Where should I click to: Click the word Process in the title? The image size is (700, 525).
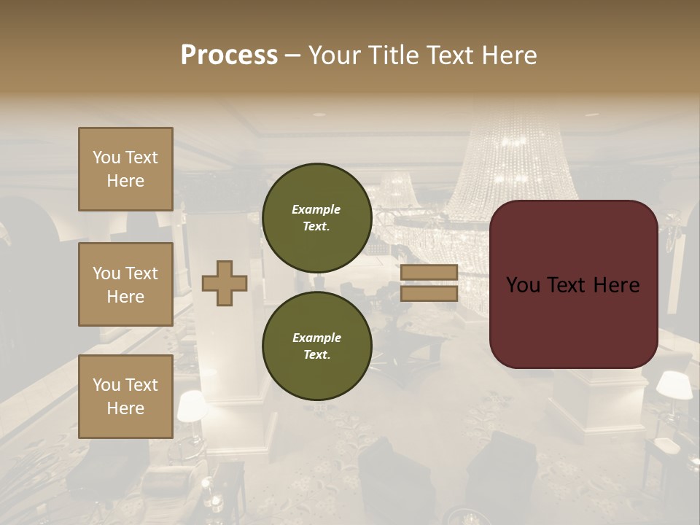[229, 55]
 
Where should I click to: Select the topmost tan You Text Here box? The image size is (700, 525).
[125, 169]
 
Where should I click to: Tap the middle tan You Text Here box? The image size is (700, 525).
[125, 284]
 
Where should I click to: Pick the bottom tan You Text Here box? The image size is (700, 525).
[125, 397]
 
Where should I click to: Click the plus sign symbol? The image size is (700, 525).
[225, 284]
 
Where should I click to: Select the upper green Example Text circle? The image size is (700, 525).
[316, 218]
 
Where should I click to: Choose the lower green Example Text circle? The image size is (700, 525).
[316, 346]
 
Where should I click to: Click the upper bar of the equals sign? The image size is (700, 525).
[429, 273]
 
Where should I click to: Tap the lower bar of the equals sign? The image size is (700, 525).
[429, 294]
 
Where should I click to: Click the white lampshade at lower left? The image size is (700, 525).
[191, 405]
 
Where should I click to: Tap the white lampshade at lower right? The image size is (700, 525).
[674, 385]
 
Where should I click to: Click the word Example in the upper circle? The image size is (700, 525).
[316, 210]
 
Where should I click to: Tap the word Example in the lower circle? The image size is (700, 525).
[316, 338]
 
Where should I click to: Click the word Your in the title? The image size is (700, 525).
[332, 55]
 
